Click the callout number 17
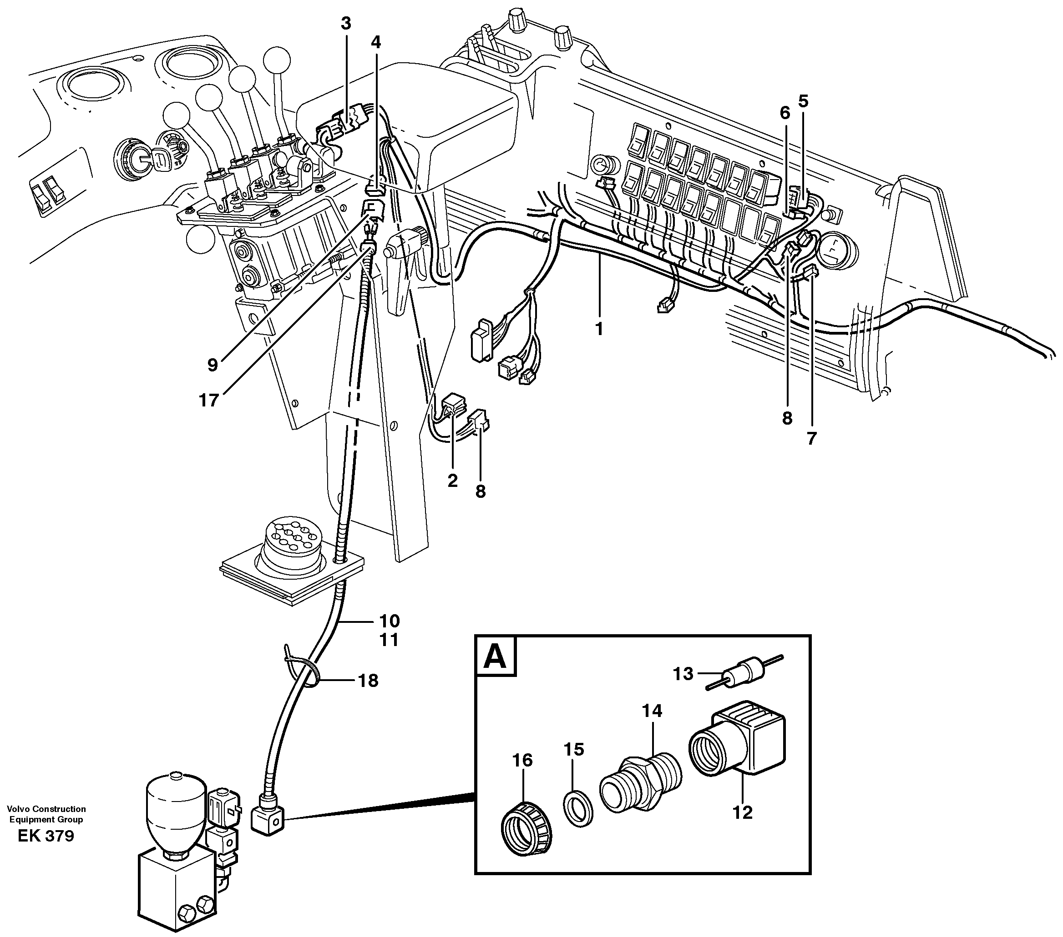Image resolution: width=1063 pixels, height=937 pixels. (209, 400)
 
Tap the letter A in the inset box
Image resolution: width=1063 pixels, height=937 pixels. (495, 657)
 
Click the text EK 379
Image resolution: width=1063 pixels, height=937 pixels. (46, 851)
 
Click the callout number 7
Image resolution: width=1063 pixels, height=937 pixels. (812, 438)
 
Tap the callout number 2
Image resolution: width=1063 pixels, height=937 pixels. (452, 481)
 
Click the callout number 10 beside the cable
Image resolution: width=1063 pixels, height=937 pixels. (389, 621)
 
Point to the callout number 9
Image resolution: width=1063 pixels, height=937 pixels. (212, 365)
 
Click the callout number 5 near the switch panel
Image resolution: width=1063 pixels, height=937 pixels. (804, 101)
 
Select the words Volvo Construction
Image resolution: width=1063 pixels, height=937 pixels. (46, 823)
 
